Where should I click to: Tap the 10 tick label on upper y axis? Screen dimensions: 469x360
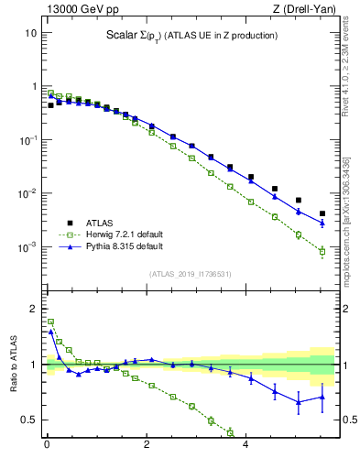[x=30, y=33]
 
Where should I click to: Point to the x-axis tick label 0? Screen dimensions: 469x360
[x=47, y=449]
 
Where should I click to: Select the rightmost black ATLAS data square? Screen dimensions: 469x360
[x=322, y=213]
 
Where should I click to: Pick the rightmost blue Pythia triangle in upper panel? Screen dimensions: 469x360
[x=322, y=223]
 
